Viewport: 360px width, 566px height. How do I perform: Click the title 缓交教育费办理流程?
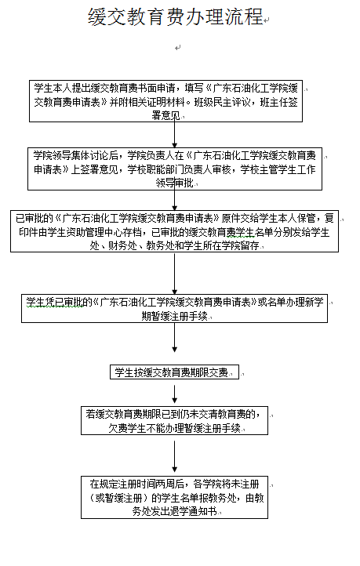tap(176, 17)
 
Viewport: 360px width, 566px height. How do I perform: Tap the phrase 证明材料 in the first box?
tap(166, 102)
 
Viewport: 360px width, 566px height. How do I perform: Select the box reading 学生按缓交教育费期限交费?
tap(174, 372)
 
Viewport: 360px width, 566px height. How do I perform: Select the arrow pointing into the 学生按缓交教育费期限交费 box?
tap(174, 338)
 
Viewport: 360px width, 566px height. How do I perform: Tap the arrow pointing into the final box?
tap(174, 456)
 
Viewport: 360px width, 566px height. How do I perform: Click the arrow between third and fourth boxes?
tap(174, 274)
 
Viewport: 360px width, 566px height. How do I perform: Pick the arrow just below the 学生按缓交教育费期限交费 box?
tap(174, 394)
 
